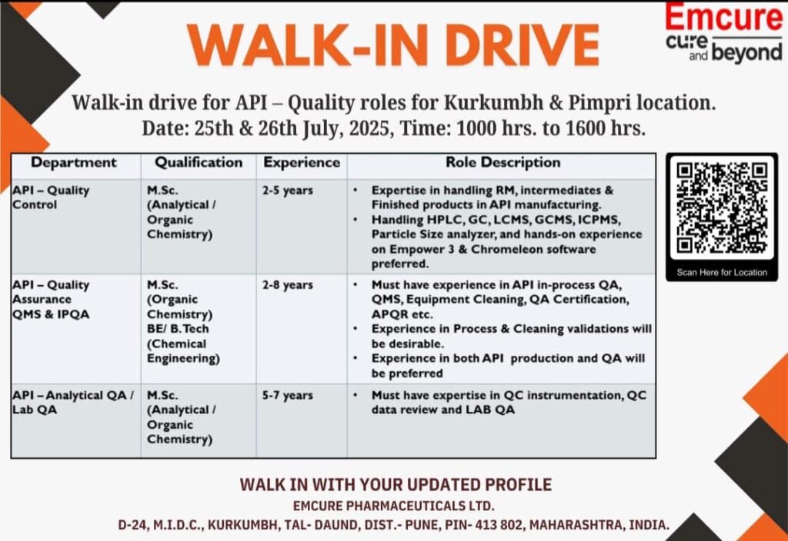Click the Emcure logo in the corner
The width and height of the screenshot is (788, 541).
(x=723, y=33)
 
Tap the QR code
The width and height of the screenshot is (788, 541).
(x=722, y=207)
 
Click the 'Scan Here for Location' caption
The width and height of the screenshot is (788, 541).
(x=722, y=272)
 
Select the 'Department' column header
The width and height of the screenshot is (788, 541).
(x=74, y=163)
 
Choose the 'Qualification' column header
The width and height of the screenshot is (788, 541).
(x=199, y=163)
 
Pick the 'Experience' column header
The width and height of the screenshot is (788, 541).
(x=301, y=163)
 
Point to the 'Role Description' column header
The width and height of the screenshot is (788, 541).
(x=503, y=163)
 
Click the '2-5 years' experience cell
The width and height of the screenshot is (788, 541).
(x=288, y=191)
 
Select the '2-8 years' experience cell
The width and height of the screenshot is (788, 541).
(x=288, y=285)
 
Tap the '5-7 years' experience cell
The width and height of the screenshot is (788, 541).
(x=288, y=396)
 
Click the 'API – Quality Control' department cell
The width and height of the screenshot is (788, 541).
(x=51, y=197)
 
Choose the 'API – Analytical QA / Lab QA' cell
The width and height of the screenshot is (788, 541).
(x=73, y=403)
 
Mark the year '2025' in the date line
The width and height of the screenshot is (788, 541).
(x=369, y=128)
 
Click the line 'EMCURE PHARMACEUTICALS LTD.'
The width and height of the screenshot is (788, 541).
(x=394, y=506)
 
